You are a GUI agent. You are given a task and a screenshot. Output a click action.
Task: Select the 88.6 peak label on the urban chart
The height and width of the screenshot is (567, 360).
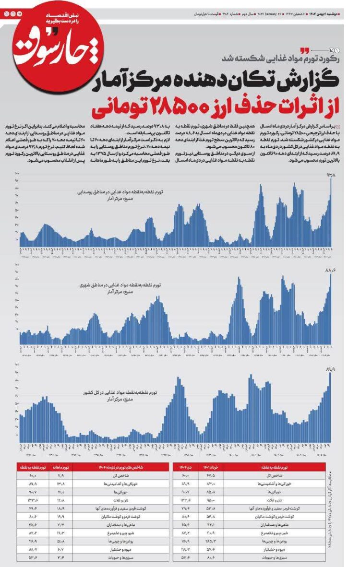coord(331,271)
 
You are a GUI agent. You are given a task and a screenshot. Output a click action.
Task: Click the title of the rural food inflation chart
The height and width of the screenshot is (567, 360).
coord(120,192)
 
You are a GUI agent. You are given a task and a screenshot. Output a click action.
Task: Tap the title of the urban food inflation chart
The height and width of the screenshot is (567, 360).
coord(120,285)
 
